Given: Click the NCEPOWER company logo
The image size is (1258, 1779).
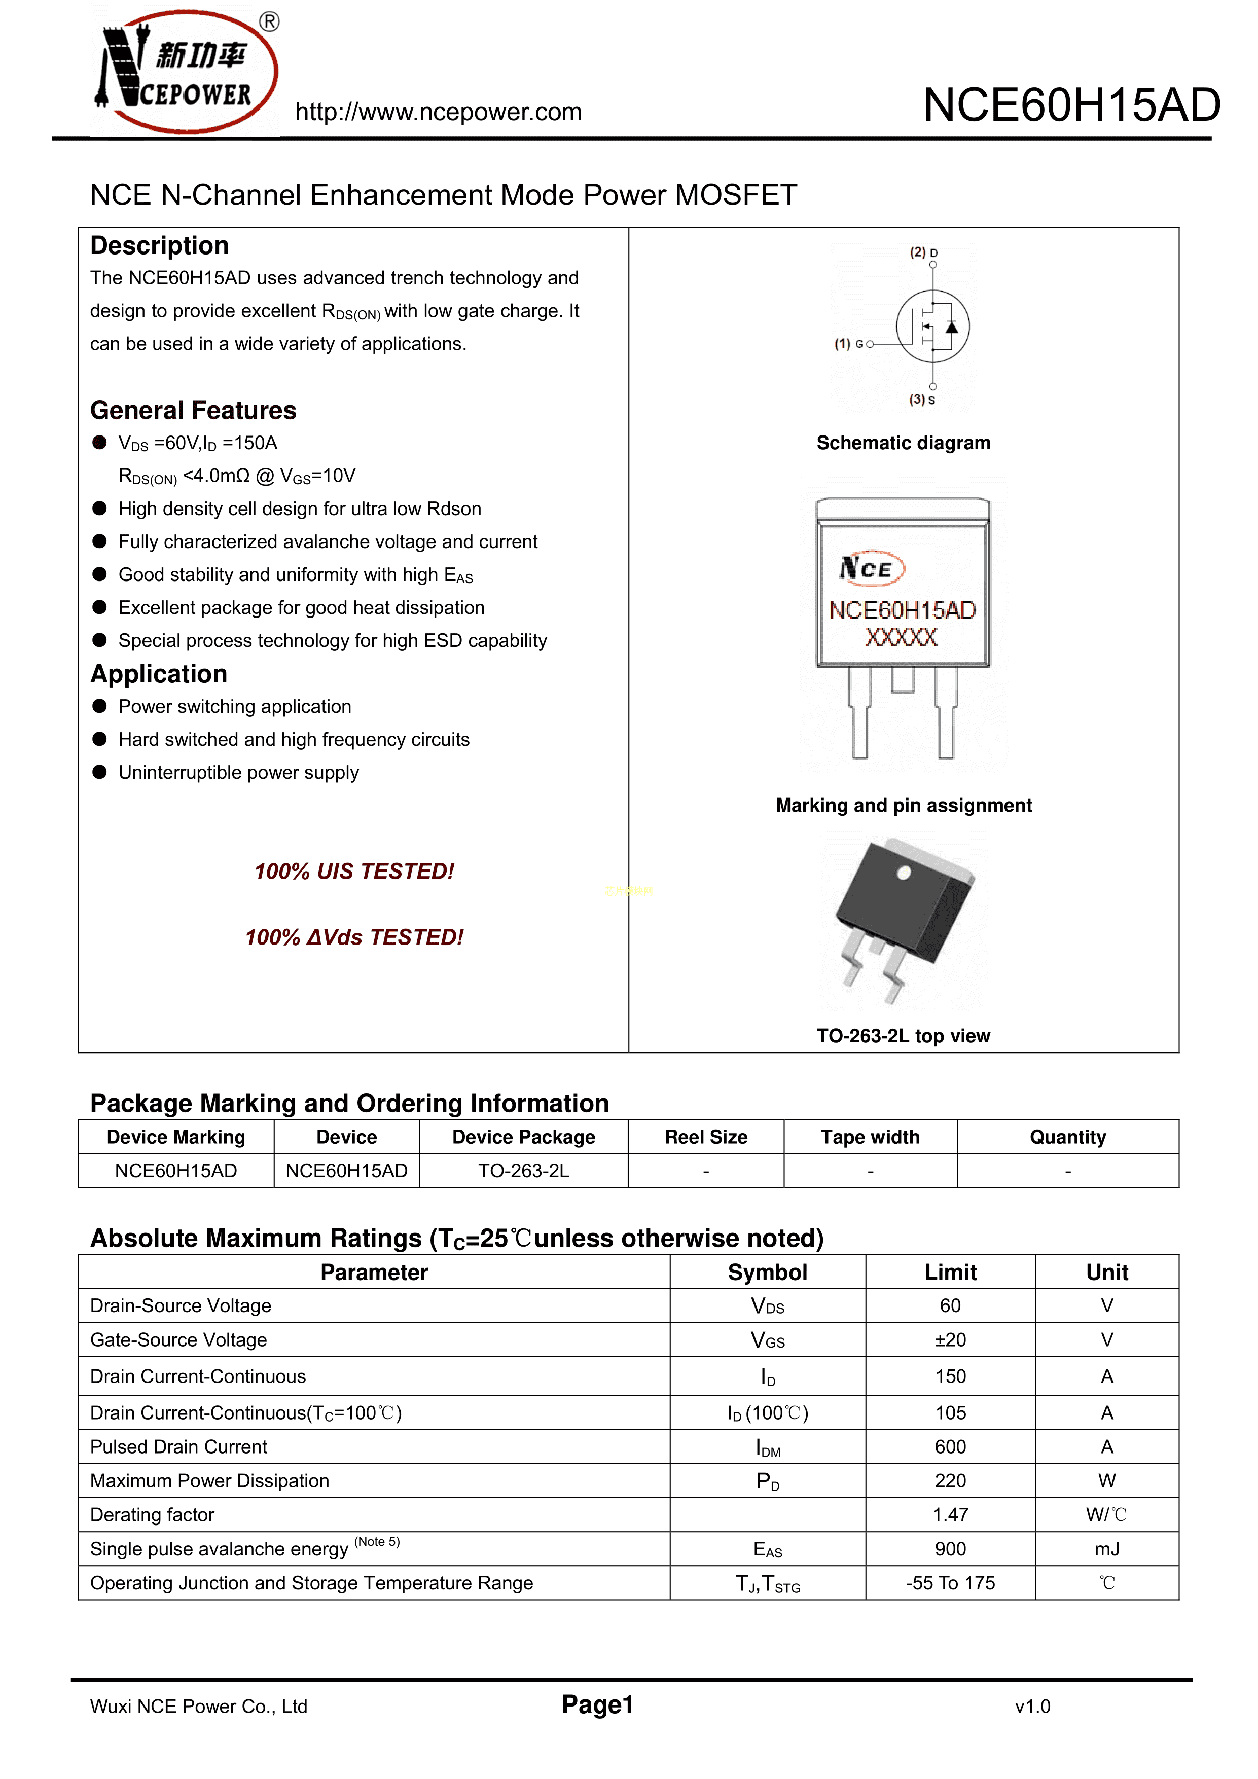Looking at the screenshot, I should coord(186,72).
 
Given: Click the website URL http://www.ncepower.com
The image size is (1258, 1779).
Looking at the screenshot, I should coord(438,113).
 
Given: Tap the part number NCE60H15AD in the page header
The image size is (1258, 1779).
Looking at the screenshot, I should coord(1071,105).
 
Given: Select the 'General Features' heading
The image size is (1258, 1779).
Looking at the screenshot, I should coord(193,410).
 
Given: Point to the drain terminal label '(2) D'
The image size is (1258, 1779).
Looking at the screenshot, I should coord(923,252).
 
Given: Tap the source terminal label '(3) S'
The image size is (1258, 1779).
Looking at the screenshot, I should coord(922,400).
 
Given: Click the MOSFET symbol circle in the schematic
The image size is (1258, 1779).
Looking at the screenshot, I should coord(932,326).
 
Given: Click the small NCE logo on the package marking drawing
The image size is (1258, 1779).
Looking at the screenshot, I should coord(871,568).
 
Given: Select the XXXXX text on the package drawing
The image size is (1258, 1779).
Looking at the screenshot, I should coord(902,638).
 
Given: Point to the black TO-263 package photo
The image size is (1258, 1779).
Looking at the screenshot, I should coord(903,914).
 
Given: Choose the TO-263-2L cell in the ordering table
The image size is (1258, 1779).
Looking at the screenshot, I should coord(523,1171).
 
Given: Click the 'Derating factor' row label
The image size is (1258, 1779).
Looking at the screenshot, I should coord(152,1515).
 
